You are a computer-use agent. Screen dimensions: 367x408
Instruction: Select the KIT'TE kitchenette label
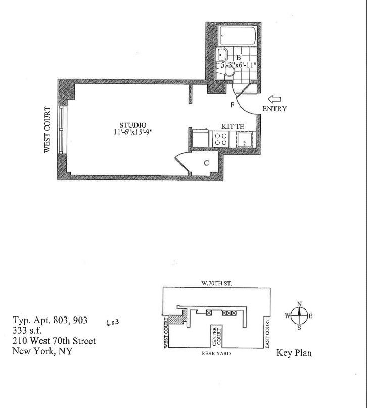click(x=234, y=126)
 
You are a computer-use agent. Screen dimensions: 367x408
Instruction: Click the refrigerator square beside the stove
click(x=201, y=139)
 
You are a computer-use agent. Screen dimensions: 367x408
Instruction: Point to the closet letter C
click(x=206, y=163)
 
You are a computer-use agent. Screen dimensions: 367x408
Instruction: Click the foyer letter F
click(x=232, y=105)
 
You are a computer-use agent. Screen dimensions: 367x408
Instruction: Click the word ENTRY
click(x=274, y=108)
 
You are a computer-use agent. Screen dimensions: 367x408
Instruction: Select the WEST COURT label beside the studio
click(x=48, y=130)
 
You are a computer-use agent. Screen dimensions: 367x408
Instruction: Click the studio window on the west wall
click(x=61, y=129)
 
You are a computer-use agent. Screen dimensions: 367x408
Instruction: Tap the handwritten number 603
click(x=114, y=322)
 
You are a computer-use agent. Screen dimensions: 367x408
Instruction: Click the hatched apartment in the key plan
click(x=176, y=320)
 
